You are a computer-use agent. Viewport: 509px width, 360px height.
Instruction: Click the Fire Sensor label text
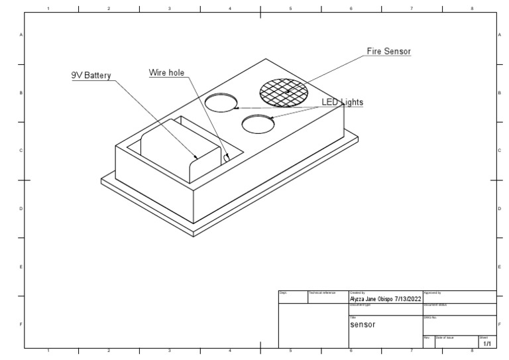pyautogui.click(x=388, y=51)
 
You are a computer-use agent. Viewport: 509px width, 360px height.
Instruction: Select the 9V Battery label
pyautogui.click(x=91, y=76)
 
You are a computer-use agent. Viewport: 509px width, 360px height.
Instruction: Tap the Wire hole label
pyautogui.click(x=167, y=73)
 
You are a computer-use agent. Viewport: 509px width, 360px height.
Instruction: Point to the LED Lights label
pyautogui.click(x=343, y=102)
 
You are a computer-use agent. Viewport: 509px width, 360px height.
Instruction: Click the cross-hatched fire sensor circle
pyautogui.click(x=284, y=91)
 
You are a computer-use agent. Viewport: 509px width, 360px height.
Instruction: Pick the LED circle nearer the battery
pyautogui.click(x=221, y=102)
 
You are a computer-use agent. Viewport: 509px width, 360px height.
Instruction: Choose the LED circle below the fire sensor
pyautogui.click(x=258, y=123)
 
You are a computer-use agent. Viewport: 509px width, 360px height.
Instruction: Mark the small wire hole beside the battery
pyautogui.click(x=227, y=158)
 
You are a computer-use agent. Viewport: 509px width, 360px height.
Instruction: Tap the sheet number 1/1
pyautogui.click(x=487, y=343)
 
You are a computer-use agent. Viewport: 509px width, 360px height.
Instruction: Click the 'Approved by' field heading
pyautogui.click(x=432, y=292)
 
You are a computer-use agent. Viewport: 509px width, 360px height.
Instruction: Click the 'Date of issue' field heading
pyautogui.click(x=445, y=337)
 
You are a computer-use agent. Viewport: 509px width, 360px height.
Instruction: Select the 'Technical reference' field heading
pyautogui.click(x=323, y=292)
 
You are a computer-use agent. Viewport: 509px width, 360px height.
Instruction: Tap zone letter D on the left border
pyautogui.click(x=21, y=209)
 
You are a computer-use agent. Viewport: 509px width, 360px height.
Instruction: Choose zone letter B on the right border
pyautogui.click(x=498, y=93)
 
